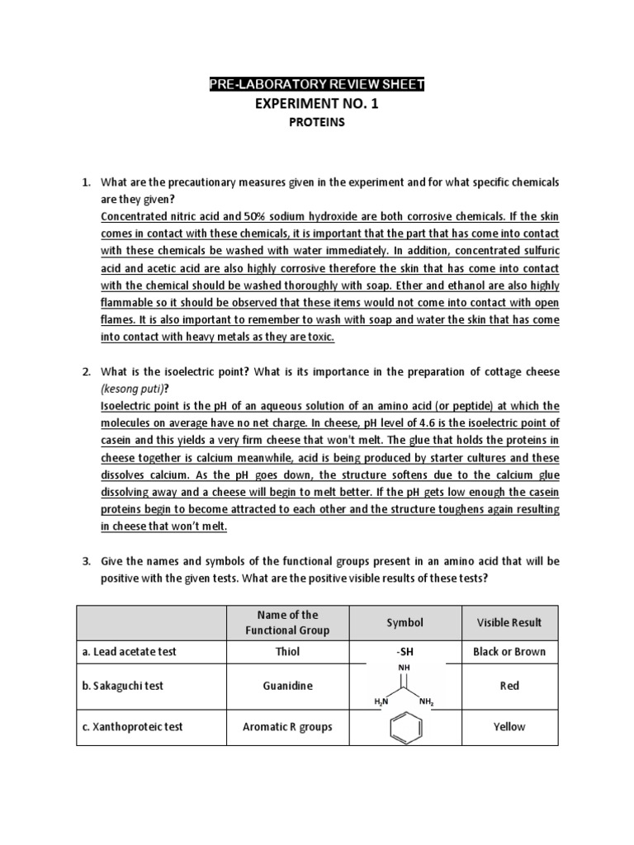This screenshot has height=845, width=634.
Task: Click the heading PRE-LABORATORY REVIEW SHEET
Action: pos(316,86)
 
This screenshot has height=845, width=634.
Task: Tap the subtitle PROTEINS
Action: pos(316,122)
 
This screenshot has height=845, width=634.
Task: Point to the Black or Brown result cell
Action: pos(509,651)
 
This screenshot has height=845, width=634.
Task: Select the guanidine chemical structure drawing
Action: pos(404,686)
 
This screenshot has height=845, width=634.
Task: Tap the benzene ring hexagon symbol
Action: pos(404,726)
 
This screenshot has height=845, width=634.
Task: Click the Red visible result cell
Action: pos(509,686)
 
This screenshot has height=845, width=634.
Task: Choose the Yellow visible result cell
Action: pos(509,726)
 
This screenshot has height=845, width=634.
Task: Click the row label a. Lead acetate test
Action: pos(130,651)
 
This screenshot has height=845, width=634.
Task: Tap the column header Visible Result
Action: pos(509,621)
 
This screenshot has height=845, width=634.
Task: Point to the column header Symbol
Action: pos(404,621)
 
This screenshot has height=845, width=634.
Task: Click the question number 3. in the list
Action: pos(86,561)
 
